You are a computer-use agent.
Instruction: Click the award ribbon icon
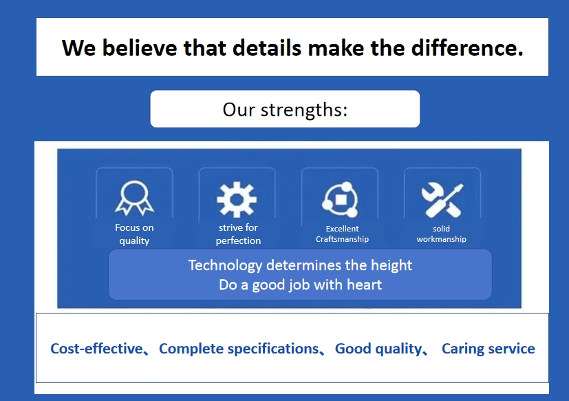pos(134,198)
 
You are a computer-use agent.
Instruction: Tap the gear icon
pos(237,199)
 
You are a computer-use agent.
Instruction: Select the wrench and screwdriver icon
pos(442,200)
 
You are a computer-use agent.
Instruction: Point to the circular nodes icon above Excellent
pos(340,199)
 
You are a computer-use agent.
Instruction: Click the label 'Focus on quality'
pos(134,234)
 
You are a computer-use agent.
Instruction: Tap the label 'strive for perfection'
pos(238,234)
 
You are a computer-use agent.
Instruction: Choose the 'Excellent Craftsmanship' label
pos(342,234)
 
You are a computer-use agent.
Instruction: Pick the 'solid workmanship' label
pos(441,234)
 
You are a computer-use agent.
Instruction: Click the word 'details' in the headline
pos(267,48)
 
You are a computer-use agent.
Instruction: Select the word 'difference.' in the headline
pos(467,48)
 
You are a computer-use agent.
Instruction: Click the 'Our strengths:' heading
pos(285,110)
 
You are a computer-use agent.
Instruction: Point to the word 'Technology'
pos(225,266)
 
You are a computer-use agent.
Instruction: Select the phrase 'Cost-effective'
pos(96,349)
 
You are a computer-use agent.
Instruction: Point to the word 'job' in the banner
pos(299,285)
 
